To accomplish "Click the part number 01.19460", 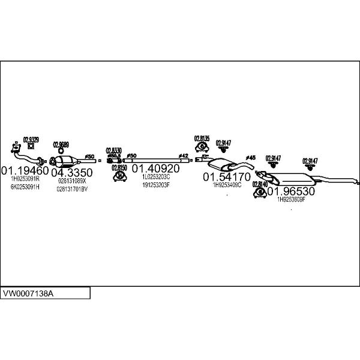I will (25, 171).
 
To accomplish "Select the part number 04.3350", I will (71, 173).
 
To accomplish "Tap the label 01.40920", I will (155, 169).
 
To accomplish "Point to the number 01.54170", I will (226, 177).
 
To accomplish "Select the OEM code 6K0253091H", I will (25, 187).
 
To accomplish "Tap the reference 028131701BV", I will (72, 189).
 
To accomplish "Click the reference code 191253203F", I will (156, 185).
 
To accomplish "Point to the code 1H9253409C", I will (227, 185).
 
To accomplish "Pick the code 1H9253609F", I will (291, 199).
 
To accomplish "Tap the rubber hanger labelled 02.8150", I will (119, 176).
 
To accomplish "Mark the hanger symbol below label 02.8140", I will (260, 193).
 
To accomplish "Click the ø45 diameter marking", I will (251, 157).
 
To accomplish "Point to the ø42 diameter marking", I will (184, 156).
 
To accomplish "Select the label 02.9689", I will (61, 145).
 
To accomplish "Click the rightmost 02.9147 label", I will (310, 160).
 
